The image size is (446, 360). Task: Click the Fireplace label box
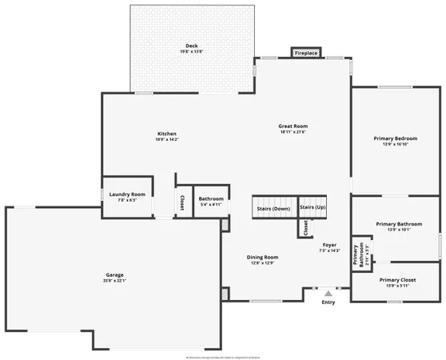pyautogui.click(x=306, y=54)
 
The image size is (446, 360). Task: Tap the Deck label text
pyautogui.click(x=192, y=46)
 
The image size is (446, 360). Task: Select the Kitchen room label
pyautogui.click(x=167, y=134)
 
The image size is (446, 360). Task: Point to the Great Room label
pyautogui.click(x=293, y=126)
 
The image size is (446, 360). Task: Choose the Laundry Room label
pyautogui.click(x=128, y=194)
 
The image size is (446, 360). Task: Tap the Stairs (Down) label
pyautogui.click(x=273, y=209)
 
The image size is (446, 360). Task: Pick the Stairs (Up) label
pyautogui.click(x=313, y=207)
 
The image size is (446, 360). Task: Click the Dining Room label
pyautogui.click(x=264, y=257)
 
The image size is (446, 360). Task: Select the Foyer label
pyautogui.click(x=329, y=245)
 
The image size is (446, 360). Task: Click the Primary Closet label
pyautogui.click(x=397, y=280)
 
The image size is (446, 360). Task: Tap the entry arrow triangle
pyautogui.click(x=328, y=294)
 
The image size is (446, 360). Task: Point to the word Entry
pyautogui.click(x=329, y=302)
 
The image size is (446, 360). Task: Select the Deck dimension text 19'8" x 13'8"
pyautogui.click(x=192, y=52)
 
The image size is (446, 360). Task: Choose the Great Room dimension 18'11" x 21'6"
pyautogui.click(x=293, y=133)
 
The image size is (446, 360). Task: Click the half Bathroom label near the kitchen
pyautogui.click(x=211, y=198)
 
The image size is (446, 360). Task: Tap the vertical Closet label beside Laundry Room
pyautogui.click(x=182, y=202)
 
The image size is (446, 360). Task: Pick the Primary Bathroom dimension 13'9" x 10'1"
pyautogui.click(x=398, y=230)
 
